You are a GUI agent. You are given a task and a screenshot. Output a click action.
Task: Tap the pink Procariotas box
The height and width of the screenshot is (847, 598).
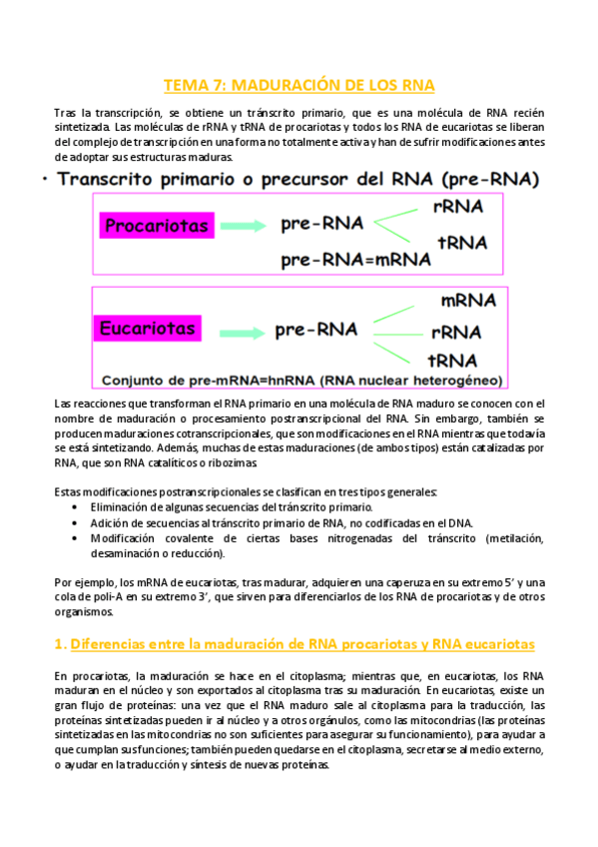(158, 226)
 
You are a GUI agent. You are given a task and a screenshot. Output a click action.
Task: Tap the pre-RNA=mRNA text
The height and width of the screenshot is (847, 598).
(355, 259)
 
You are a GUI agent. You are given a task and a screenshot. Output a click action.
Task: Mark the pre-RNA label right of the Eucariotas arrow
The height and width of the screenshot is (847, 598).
(315, 329)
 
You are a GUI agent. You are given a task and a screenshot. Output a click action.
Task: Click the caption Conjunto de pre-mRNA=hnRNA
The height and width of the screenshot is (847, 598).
(300, 380)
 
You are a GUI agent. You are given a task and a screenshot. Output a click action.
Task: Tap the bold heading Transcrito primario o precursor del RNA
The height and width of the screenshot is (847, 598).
(299, 180)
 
